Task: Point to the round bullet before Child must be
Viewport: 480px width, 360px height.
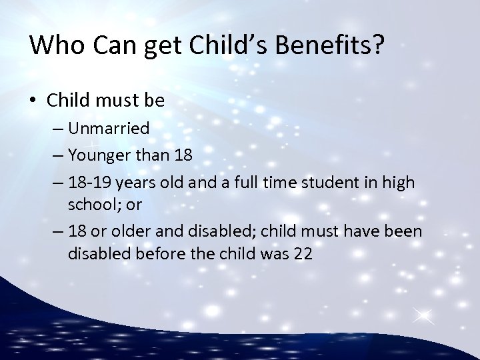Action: click(x=36, y=101)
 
